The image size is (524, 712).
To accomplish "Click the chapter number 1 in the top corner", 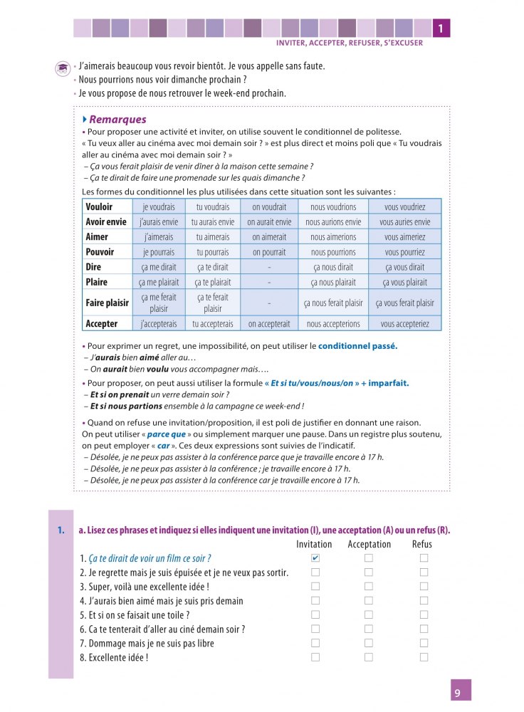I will pos(441,28).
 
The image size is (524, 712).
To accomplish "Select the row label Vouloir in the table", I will pos(98,206).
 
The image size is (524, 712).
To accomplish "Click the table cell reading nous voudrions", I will pos(333,206).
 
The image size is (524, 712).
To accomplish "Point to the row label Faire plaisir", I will pos(107,303).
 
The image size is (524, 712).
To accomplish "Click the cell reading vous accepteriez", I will pos(404,324).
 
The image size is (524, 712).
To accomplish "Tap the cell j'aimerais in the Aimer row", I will pos(159,237).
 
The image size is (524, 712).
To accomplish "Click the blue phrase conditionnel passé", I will pos(357,346).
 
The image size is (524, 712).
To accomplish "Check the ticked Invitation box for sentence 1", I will pos(315,558).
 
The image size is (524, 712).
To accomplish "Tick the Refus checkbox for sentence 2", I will pos(424,572).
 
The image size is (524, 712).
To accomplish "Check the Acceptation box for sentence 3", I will pos(369,587).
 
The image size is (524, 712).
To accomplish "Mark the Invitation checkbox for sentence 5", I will pos(315,615).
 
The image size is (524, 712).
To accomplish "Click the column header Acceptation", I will pos(369,545).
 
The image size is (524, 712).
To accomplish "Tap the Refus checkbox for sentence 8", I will pos(424,658).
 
